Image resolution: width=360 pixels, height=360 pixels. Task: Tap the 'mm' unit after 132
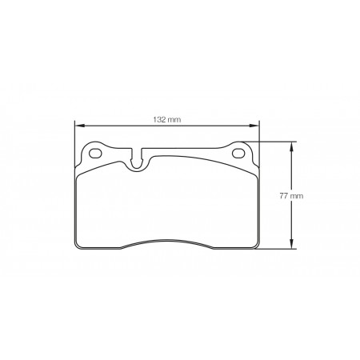point(174,119)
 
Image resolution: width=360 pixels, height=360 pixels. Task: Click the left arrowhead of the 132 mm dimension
point(78,125)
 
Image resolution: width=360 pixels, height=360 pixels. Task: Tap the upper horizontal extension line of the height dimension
point(276,142)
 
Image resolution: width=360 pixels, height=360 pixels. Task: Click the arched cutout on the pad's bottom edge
point(167,242)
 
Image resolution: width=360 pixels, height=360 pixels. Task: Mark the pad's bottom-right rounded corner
point(254,244)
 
